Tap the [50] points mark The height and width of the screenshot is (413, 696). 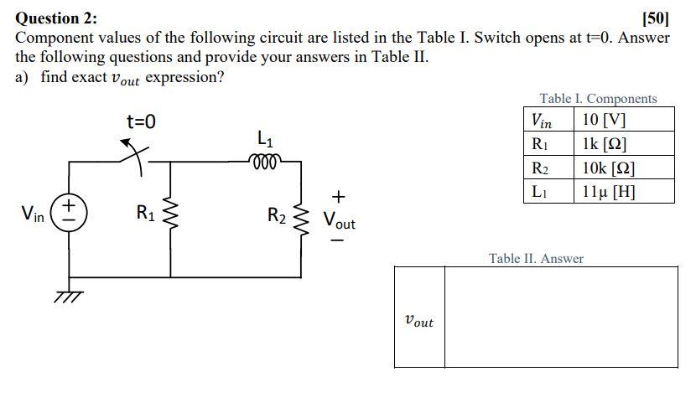[x=655, y=18]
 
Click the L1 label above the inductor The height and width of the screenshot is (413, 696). [x=264, y=137]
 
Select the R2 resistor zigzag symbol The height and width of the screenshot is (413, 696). [x=301, y=216]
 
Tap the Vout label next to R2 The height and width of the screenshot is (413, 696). [x=340, y=222]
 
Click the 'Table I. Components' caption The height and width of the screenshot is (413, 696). [x=598, y=99]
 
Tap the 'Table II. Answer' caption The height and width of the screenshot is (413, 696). [x=536, y=258]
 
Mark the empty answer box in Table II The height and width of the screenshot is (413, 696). [x=560, y=317]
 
